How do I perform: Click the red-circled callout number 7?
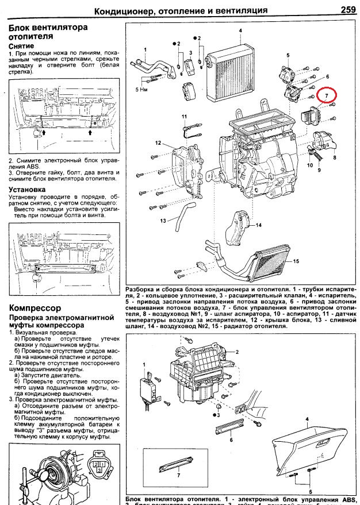[x=327, y=94]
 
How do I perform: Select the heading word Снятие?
[x=22, y=45]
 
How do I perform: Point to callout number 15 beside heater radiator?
[x=297, y=261]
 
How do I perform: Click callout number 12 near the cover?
[x=157, y=142]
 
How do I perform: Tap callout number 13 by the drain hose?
[x=163, y=221]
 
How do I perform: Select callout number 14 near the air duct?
[x=259, y=225]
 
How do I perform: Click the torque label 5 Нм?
[x=141, y=90]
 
